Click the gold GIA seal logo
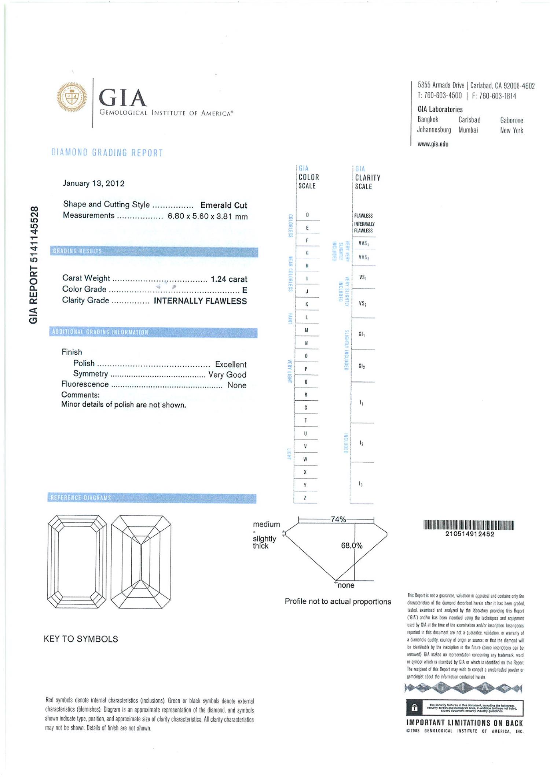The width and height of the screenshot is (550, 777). tap(72, 97)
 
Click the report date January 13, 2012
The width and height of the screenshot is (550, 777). tap(93, 184)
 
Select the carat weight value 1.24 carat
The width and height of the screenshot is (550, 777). tap(229, 279)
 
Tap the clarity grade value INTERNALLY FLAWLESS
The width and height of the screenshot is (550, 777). tap(200, 301)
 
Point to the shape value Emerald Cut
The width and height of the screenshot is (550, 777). tap(224, 205)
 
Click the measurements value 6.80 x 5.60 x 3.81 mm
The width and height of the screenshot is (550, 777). tap(208, 217)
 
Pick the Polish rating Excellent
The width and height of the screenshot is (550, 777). tap(231, 365)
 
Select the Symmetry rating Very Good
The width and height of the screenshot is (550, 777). tap(227, 375)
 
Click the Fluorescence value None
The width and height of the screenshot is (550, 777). tap(236, 385)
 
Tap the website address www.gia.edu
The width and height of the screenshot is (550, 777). tap(433, 144)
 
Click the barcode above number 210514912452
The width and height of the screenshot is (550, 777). tap(469, 525)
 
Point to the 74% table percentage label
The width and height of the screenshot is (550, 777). tap(338, 519)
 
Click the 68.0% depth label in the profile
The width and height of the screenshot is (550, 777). tap(351, 546)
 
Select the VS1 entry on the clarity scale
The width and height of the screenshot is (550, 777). tap(363, 278)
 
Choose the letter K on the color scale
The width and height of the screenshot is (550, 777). tap(307, 304)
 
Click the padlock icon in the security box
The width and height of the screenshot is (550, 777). tap(414, 708)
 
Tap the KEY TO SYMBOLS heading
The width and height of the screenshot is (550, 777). tap(81, 639)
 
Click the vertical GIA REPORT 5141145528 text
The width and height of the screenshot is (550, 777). tap(34, 265)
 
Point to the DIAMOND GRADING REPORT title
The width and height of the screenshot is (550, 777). tap(107, 153)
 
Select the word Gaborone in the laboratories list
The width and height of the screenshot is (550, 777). tap(511, 121)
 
